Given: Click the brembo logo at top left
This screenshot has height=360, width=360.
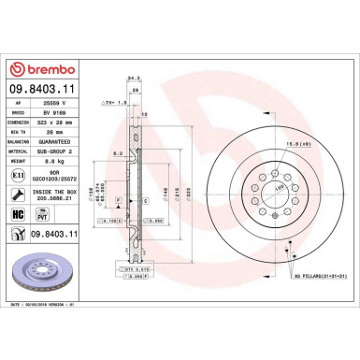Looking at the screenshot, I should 38,68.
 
